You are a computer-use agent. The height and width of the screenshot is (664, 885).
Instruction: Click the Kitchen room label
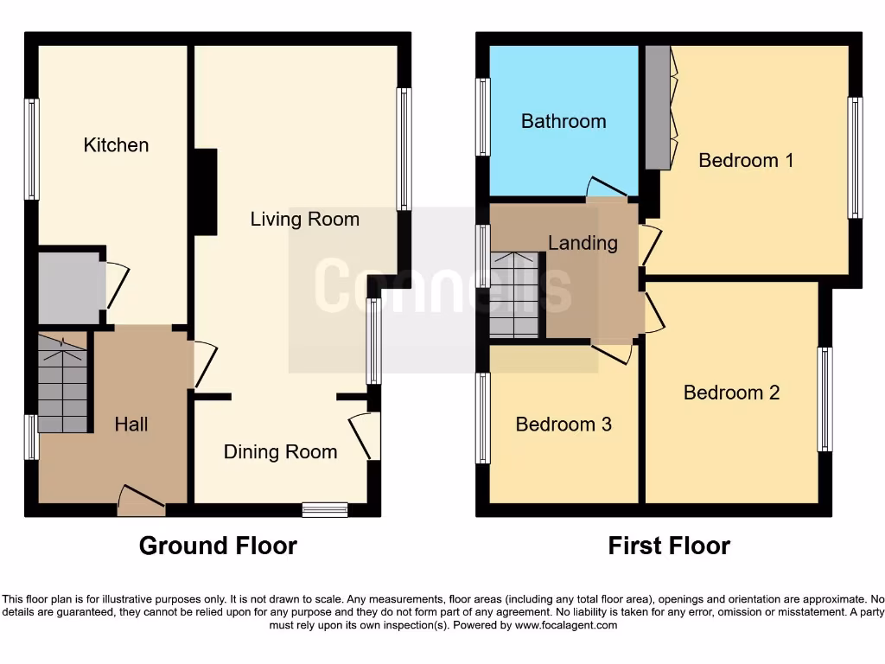(116, 145)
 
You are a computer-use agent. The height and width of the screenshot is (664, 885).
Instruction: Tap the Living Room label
(304, 220)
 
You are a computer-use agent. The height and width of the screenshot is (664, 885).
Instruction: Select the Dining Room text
(280, 452)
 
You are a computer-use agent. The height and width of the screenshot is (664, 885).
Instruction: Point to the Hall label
(131, 425)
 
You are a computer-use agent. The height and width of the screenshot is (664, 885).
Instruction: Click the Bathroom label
(563, 121)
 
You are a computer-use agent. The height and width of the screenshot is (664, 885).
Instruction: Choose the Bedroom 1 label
(746, 160)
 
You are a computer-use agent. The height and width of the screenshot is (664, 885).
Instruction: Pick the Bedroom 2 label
(731, 393)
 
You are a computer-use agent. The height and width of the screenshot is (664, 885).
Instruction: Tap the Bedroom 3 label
(563, 425)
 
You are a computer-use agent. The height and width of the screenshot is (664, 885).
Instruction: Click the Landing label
(583, 243)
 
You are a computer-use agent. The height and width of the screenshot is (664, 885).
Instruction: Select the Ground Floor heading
(218, 546)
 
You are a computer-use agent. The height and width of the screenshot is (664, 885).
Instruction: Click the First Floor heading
(669, 546)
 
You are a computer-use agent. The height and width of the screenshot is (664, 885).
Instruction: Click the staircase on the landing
(514, 295)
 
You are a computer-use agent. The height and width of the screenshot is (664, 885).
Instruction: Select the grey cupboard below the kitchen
(70, 288)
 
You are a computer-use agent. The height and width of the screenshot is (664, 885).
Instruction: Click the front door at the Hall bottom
(141, 500)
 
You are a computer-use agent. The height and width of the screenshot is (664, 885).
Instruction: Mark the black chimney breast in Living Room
(204, 192)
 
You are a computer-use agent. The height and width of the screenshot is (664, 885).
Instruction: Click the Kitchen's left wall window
(32, 149)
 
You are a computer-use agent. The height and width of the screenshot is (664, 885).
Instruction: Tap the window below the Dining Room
(325, 509)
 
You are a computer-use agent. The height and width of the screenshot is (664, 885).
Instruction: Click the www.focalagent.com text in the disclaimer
(565, 625)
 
